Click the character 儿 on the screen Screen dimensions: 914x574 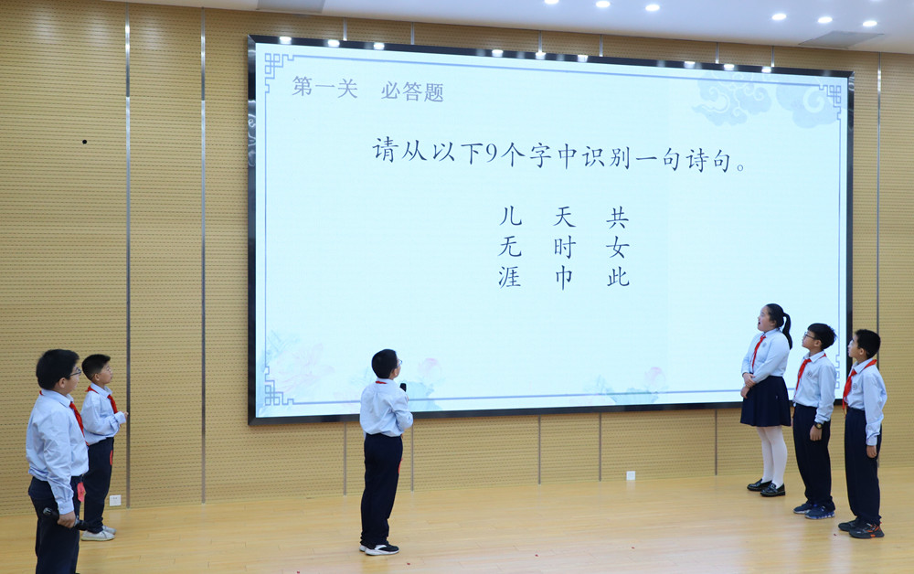[x=511, y=217]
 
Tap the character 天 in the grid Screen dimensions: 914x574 [x=564, y=217]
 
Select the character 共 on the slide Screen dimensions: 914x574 [x=617, y=218]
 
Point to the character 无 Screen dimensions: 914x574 [x=509, y=247]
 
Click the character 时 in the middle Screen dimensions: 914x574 [x=564, y=248]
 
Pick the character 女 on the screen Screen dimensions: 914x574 [x=617, y=249]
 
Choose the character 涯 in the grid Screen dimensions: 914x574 [x=509, y=277]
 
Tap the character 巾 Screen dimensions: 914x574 [x=564, y=278]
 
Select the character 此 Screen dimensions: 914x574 [x=618, y=278]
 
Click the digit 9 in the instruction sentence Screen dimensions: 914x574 [x=493, y=153]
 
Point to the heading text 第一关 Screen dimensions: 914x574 [x=324, y=88]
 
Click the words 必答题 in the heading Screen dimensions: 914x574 [x=412, y=90]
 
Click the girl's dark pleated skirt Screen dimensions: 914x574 [x=765, y=401]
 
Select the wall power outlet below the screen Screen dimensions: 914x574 [x=630, y=475]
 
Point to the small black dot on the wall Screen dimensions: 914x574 [x=84, y=142]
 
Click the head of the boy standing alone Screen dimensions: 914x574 [x=386, y=364]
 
